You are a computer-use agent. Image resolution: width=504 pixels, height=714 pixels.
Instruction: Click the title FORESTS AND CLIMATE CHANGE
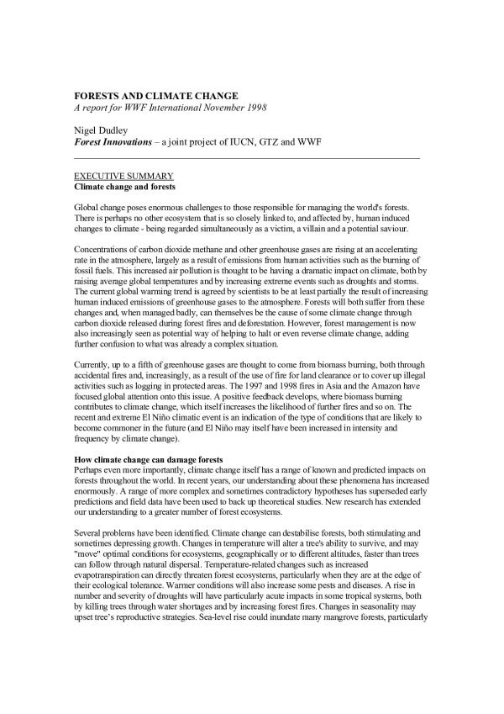(155, 96)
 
